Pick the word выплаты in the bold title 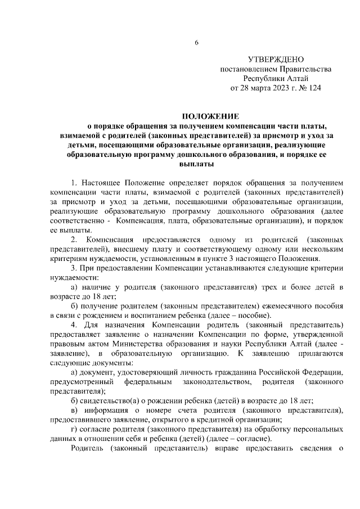196,164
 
